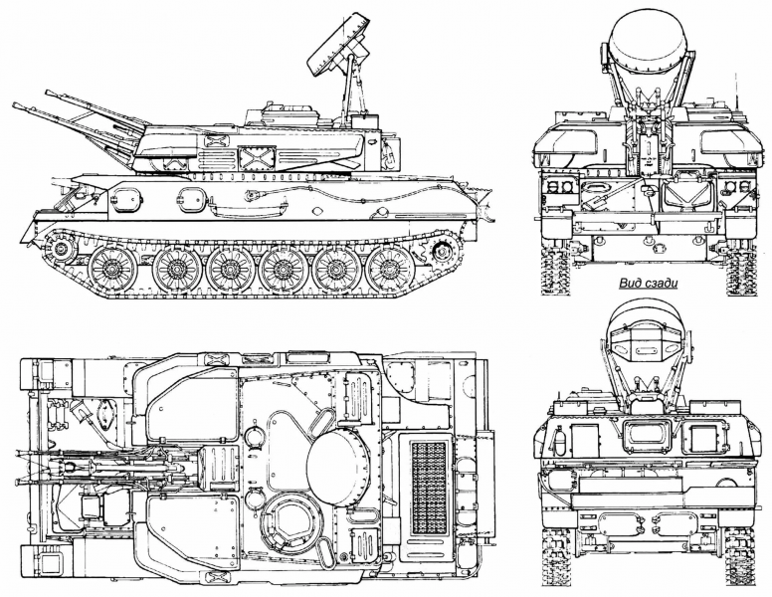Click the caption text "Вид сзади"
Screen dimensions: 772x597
pyautogui.click(x=648, y=284)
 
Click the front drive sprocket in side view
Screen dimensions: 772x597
pyautogui.click(x=61, y=248)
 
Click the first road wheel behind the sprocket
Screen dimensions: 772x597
pyautogui.click(x=113, y=269)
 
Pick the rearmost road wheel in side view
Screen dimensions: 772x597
pyautogui.click(x=390, y=270)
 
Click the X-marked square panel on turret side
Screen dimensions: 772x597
pyautogui.click(x=256, y=157)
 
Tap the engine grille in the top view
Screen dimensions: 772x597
pyautogui.click(x=429, y=488)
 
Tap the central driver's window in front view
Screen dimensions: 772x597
pyautogui.click(x=646, y=436)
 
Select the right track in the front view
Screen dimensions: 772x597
pyautogui.click(x=740, y=560)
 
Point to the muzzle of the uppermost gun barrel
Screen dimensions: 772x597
pyautogui.click(x=48, y=93)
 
